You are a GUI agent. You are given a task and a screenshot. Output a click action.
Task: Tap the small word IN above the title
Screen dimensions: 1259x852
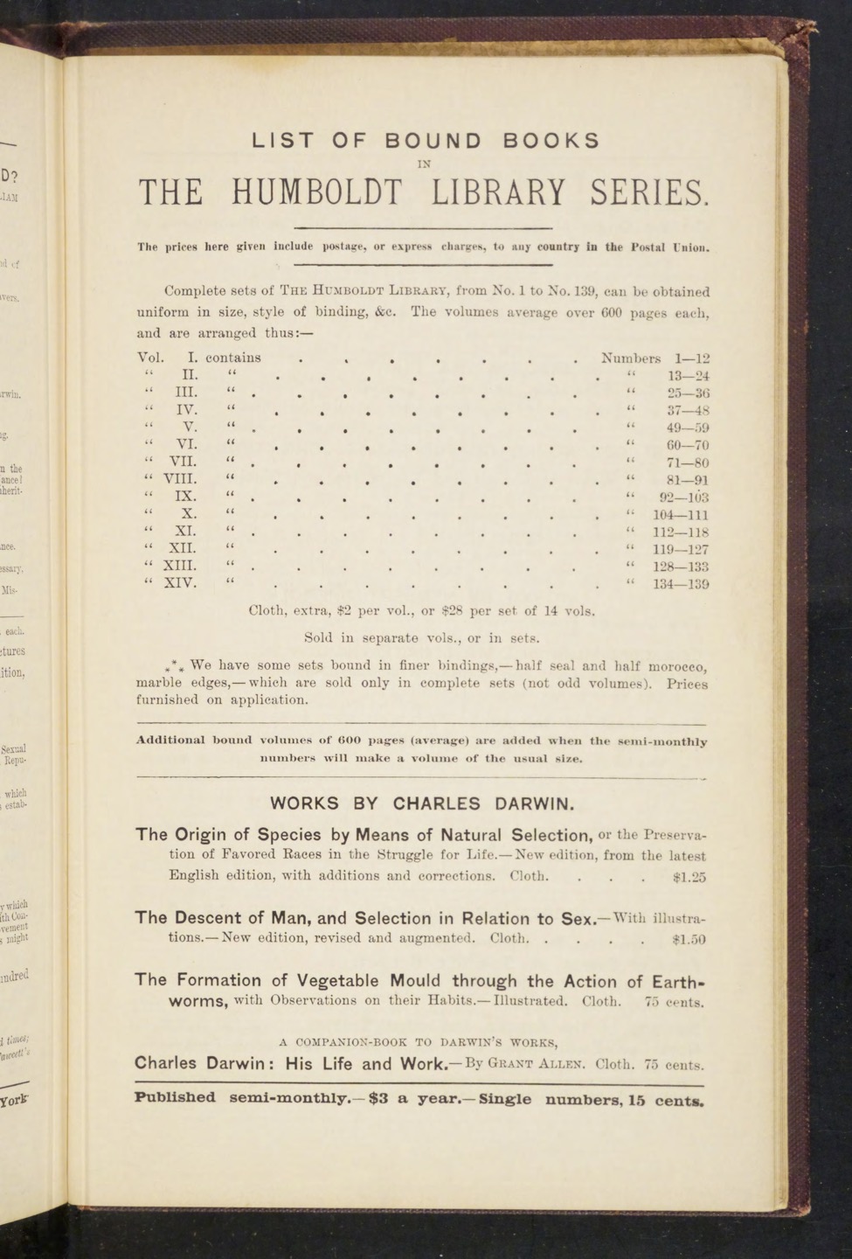click(425, 163)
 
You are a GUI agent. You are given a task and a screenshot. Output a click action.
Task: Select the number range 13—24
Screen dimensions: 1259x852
click(687, 376)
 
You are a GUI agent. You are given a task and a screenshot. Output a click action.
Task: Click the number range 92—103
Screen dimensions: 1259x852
click(683, 497)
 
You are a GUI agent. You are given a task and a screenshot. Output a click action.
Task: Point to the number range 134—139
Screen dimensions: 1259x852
click(682, 584)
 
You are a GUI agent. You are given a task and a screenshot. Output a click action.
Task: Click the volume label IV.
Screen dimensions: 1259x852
click(186, 409)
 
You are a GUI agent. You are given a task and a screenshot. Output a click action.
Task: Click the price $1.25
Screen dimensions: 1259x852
click(689, 876)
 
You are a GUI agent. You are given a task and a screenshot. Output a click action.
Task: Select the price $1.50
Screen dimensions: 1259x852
click(689, 940)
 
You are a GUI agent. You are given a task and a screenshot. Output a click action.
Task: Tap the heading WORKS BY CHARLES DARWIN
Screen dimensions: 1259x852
click(422, 803)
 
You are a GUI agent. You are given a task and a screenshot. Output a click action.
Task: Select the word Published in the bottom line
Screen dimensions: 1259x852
click(175, 1098)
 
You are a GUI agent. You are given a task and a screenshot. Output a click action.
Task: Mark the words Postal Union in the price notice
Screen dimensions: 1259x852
click(670, 247)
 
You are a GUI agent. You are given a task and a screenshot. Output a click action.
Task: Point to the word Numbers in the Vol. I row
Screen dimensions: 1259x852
click(631, 358)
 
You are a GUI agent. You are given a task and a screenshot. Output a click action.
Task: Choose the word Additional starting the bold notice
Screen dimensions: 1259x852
click(170, 741)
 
